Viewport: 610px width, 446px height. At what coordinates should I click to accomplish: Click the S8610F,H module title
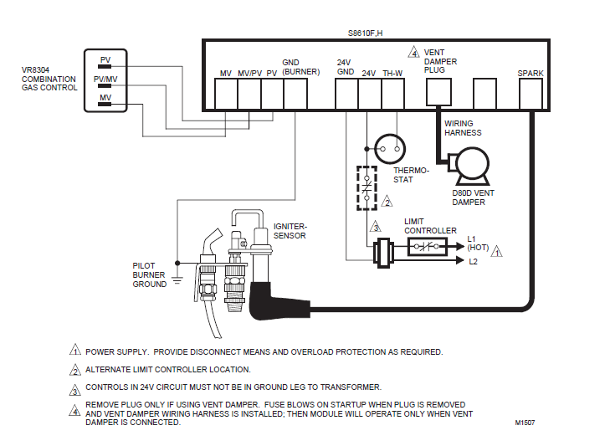pyautogui.click(x=366, y=33)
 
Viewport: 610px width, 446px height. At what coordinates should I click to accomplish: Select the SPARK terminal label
pyautogui.click(x=531, y=74)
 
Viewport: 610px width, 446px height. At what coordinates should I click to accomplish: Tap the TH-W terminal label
pyautogui.click(x=392, y=74)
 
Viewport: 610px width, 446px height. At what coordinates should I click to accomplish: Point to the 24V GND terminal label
pyautogui.click(x=346, y=68)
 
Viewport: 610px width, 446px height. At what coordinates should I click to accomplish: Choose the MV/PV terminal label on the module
pyautogui.click(x=249, y=74)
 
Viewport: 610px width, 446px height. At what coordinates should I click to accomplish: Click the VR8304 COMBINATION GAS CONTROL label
pyautogui.click(x=49, y=80)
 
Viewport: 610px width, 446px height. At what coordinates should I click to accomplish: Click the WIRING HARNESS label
pyautogui.click(x=463, y=128)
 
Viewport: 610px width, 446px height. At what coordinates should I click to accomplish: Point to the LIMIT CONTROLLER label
pyautogui.click(x=430, y=225)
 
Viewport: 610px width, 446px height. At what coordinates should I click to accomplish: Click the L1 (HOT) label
pyautogui.click(x=478, y=244)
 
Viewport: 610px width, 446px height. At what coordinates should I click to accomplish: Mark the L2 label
pyautogui.click(x=473, y=262)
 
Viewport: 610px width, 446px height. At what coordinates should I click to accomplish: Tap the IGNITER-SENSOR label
pyautogui.click(x=290, y=231)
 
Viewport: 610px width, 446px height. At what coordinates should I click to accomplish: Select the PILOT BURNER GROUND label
pyautogui.click(x=150, y=274)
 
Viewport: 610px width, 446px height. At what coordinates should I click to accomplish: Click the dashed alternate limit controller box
pyautogui.click(x=367, y=187)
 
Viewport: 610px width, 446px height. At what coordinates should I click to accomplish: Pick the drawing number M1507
pyautogui.click(x=526, y=423)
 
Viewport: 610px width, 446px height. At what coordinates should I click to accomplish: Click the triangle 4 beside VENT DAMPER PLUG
pyautogui.click(x=413, y=53)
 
